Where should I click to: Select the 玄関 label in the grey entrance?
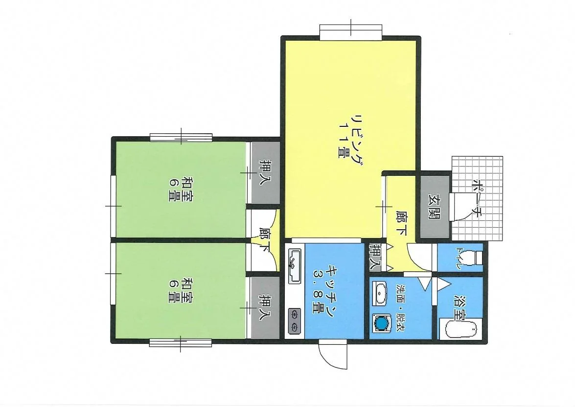coord(435,207)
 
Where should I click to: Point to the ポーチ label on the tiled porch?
coord(476,198)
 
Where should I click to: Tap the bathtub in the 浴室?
coord(461,329)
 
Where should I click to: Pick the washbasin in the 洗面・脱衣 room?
coord(380,293)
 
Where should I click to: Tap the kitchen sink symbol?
coord(294,266)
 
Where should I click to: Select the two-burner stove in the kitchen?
coord(295,321)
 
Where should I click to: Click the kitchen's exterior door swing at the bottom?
coord(333,354)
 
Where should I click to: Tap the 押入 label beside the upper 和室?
coord(264,172)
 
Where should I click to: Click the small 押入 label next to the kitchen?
coord(375,257)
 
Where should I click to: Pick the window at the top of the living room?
coord(351,32)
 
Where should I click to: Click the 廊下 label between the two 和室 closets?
coord(264,240)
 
